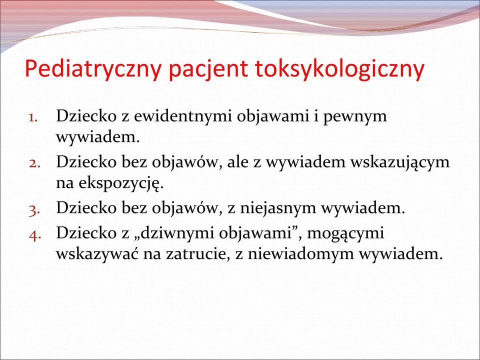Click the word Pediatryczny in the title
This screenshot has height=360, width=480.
tap(93, 69)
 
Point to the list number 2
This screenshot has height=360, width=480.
tap(34, 163)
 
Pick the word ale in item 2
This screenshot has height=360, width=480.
tap(237, 162)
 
